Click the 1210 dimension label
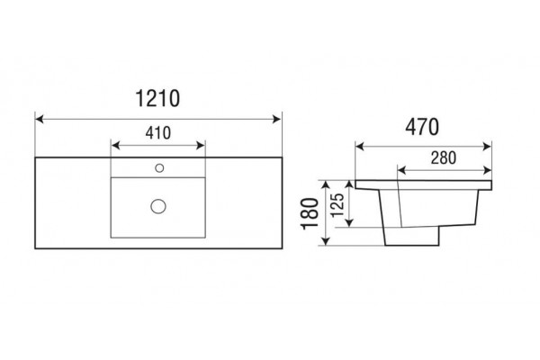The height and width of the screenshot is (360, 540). point(157,98)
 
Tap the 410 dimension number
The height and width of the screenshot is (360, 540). point(158,133)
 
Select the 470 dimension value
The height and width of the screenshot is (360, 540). point(422,127)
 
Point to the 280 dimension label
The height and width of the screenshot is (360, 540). point(444,157)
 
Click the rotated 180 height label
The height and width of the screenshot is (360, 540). point(310,213)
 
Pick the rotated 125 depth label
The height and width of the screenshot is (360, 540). point(337,205)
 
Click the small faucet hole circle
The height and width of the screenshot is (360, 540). point(159,168)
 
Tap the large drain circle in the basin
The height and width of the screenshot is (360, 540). point(158,206)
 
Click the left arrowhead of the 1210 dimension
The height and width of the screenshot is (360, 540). point(40,119)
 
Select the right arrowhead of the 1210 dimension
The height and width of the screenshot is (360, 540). point(276,119)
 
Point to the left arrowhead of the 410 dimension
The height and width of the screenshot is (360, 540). point(116,146)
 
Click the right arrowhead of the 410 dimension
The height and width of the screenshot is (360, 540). point(201,146)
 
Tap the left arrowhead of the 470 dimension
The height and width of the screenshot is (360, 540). point(360,147)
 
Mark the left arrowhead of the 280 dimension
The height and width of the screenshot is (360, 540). point(402,170)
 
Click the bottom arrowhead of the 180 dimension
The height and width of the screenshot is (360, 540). point(326,241)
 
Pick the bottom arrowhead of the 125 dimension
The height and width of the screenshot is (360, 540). point(349,223)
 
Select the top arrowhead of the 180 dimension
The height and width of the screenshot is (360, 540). point(326,184)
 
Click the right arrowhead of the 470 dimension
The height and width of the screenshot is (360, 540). point(487,147)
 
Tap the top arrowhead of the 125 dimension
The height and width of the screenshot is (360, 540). point(349,184)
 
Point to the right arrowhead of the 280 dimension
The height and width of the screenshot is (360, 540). point(487,170)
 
